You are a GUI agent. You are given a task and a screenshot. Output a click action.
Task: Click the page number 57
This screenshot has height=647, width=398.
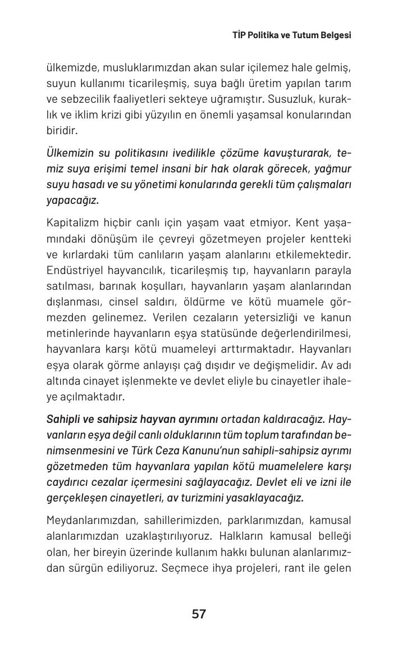(199, 614)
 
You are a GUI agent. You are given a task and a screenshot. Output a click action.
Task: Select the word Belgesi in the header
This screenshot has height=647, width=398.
(335, 35)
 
